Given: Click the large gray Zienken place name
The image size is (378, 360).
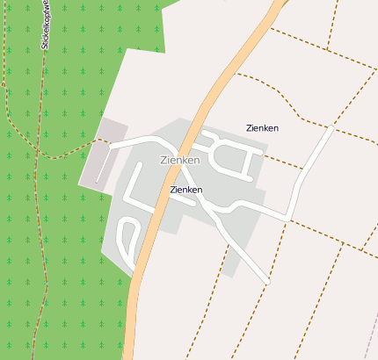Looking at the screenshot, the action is (180, 161).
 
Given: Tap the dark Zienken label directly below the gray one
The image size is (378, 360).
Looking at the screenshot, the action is (186, 190).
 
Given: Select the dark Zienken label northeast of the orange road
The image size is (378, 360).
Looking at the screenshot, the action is (262, 128).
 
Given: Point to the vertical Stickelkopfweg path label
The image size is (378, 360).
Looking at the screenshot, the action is (44, 35).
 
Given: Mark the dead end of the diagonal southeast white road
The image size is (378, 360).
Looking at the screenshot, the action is (266, 282).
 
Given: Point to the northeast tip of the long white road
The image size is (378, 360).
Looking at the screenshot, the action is (331, 129).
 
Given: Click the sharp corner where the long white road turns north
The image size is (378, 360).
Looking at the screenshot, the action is (289, 217).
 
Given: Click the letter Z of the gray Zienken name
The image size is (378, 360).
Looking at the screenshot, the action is (164, 161).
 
